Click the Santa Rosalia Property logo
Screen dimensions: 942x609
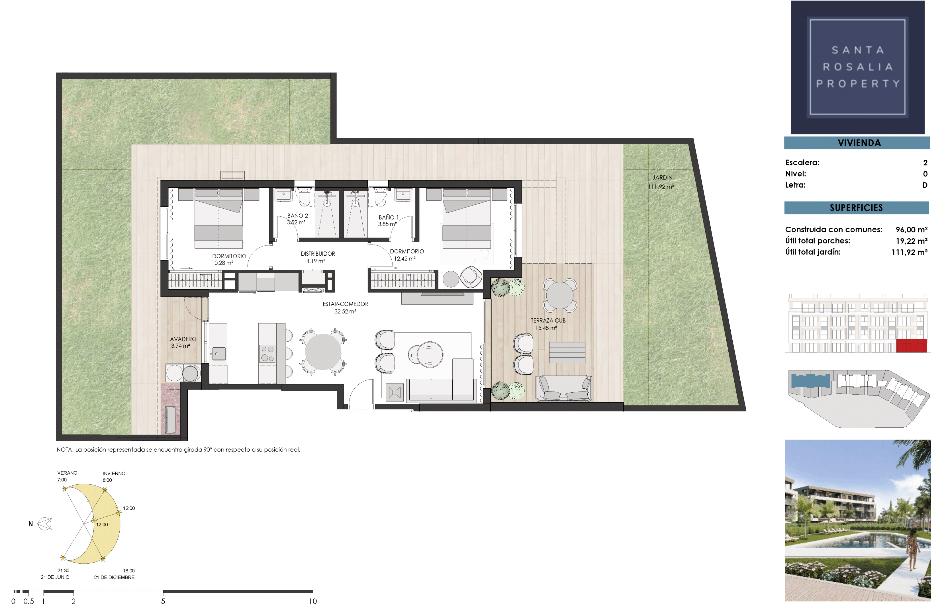[x=857, y=67]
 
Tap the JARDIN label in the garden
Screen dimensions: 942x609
[x=662, y=178]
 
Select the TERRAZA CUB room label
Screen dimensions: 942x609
[x=548, y=321]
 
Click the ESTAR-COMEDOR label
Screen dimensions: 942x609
[x=346, y=304]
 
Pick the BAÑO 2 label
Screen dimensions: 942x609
[x=297, y=216]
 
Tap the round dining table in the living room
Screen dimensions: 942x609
[x=323, y=352]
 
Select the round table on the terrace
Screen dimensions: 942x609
[x=559, y=295]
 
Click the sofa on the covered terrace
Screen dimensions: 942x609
[x=564, y=388]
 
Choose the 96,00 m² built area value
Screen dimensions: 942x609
[x=912, y=230]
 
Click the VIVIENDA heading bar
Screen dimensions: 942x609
[x=857, y=143]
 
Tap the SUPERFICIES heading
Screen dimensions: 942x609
[x=857, y=208]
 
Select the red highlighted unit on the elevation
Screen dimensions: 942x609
[x=912, y=346]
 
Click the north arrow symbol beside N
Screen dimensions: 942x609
[x=44, y=524]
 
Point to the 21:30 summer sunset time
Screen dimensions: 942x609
[x=63, y=571]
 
